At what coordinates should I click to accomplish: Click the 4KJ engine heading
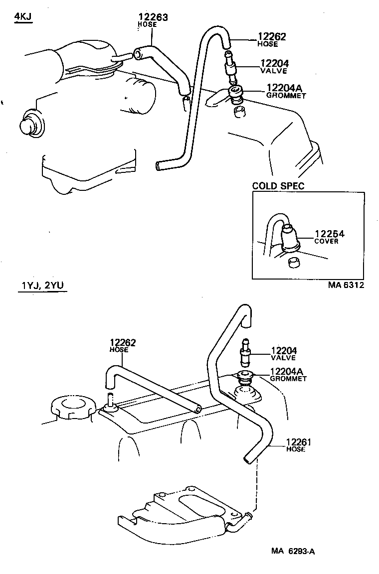[23, 16]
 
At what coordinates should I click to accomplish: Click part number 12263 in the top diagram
[153, 17]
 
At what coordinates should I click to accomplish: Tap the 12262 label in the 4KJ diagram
[272, 36]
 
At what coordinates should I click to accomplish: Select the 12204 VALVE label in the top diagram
[274, 67]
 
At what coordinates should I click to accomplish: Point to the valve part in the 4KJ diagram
[230, 67]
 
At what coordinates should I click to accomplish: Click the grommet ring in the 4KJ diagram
[235, 93]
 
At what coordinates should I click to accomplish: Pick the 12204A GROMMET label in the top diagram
[286, 91]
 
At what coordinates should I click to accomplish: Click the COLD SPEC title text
[278, 186]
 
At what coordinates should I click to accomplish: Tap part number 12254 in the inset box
[330, 234]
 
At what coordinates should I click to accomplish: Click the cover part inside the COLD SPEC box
[290, 238]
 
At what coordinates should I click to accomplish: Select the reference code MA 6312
[346, 285]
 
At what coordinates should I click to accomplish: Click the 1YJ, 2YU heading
[42, 285]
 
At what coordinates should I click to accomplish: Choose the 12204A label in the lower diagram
[287, 371]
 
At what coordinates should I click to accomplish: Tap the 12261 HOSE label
[298, 445]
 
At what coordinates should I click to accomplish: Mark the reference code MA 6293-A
[293, 551]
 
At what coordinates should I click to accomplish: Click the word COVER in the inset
[326, 241]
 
